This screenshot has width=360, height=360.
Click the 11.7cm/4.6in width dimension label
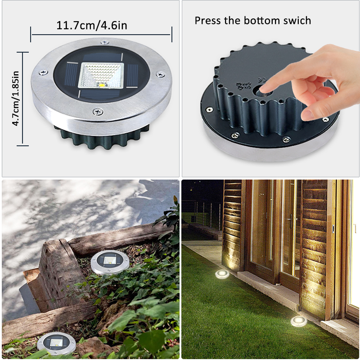tap(92, 25)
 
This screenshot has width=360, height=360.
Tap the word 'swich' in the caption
tap(297, 20)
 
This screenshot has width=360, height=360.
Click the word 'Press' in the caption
tap(208, 20)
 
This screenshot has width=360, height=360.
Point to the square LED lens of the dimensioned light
tap(101, 75)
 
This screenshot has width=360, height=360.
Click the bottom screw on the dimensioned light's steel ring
tap(97, 111)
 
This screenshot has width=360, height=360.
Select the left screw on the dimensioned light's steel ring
tap(43, 72)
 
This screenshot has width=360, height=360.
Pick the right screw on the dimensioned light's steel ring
tap(158, 74)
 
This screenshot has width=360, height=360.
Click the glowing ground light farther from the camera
tap(222, 274)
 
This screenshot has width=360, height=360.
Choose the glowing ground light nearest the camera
tap(297, 321)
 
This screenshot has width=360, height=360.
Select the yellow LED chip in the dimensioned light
tap(103, 84)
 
